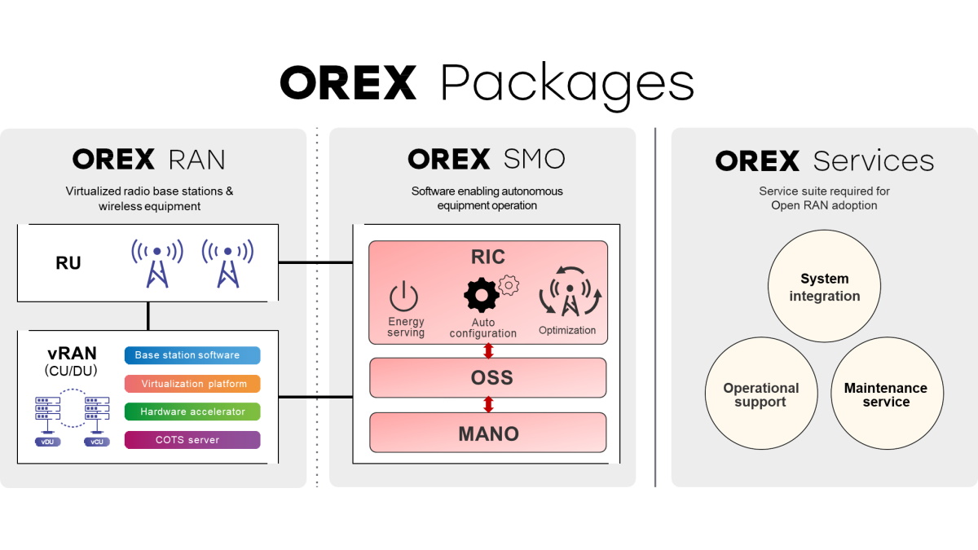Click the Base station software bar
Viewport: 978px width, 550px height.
coord(192,355)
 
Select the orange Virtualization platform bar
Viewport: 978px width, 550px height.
coord(192,384)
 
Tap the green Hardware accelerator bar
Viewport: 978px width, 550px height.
coord(192,411)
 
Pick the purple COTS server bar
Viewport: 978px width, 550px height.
coord(192,440)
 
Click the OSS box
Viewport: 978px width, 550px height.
coord(488,377)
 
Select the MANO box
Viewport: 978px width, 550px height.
coord(488,433)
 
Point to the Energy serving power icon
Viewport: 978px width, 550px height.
coord(405,297)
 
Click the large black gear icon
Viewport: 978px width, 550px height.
coord(481,294)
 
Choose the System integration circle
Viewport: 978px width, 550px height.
coord(824,287)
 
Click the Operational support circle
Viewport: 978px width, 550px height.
coord(760,394)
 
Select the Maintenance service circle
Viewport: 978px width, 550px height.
coord(886,394)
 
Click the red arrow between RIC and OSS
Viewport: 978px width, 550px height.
coord(488,350)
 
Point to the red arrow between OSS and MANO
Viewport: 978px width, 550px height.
coord(488,404)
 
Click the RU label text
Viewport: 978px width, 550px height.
coord(68,263)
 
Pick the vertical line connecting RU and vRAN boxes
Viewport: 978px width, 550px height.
coord(148,315)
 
